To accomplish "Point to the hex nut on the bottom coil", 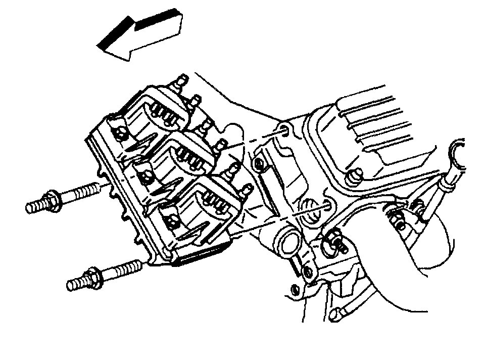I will pos(171,218).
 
